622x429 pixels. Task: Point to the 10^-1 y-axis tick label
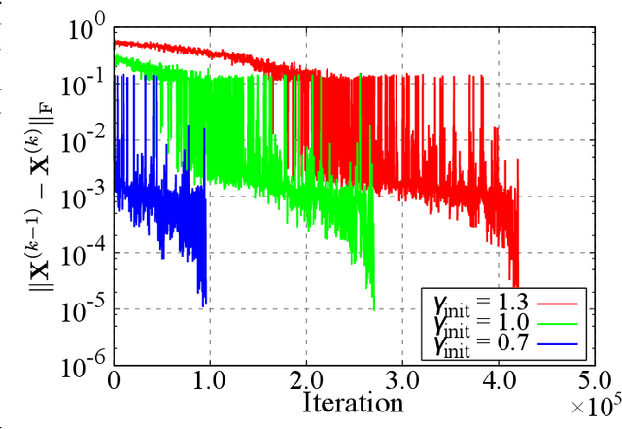[x=85, y=85]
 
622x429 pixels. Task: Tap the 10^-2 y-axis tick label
[x=85, y=141]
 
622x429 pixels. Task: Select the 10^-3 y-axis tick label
[x=85, y=197]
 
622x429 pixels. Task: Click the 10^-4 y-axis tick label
[x=85, y=253]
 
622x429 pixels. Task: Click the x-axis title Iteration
[x=353, y=401]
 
